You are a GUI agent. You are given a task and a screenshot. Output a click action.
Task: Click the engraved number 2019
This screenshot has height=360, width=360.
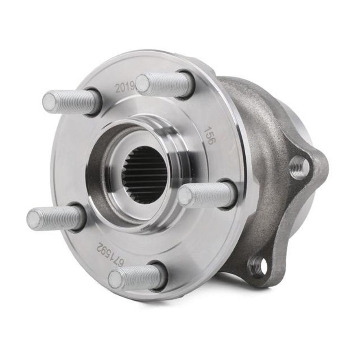click(124, 87)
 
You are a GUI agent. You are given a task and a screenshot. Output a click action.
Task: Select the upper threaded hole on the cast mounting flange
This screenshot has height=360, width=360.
click(299, 167)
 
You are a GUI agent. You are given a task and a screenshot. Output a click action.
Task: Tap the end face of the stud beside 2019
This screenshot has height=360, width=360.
click(142, 83)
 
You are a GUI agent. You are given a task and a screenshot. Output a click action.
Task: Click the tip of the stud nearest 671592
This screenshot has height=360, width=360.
click(115, 279)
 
